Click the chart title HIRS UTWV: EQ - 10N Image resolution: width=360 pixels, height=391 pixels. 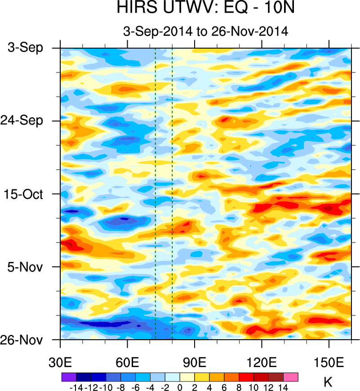click(x=205, y=8)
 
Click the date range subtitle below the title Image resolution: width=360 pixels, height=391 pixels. click(x=205, y=31)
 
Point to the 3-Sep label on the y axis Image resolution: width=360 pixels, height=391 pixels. click(x=26, y=47)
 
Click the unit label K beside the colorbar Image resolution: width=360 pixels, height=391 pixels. click(x=328, y=383)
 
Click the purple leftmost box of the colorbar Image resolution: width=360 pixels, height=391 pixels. click(x=68, y=377)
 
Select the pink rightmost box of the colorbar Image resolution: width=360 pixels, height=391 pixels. click(x=291, y=377)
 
